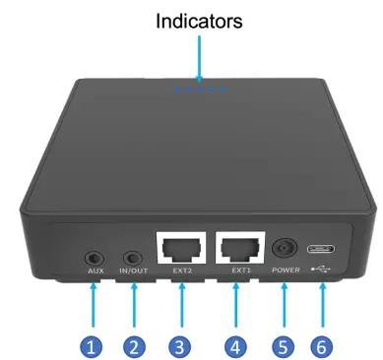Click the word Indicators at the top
click(x=200, y=20)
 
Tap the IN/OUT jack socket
click(x=133, y=252)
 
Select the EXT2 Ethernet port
click(x=179, y=247)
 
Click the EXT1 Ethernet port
click(x=239, y=247)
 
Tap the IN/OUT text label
click(x=133, y=270)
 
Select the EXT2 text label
click(x=180, y=270)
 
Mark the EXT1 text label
click(x=240, y=269)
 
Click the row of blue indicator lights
click(x=200, y=90)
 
